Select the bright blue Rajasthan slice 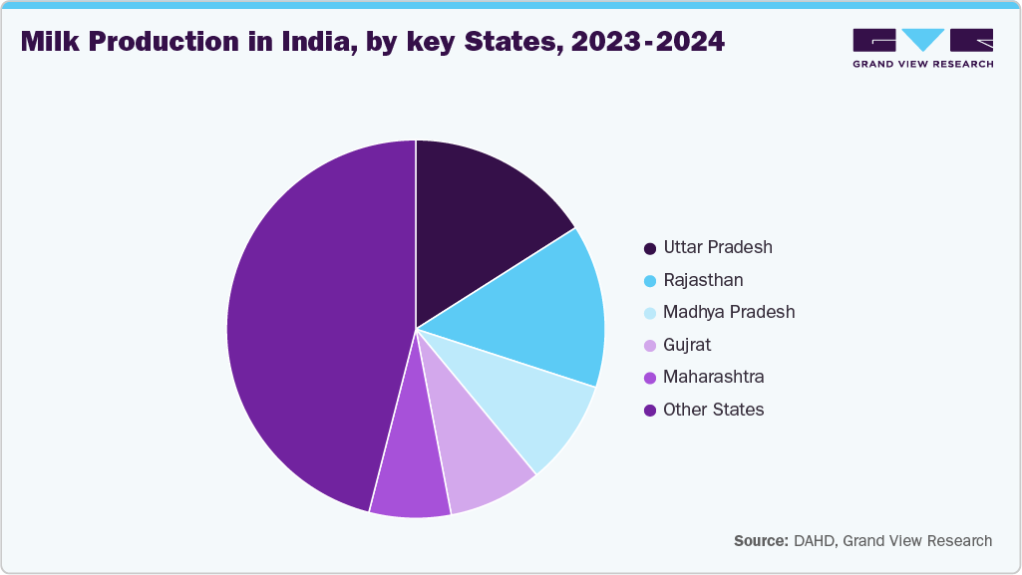tap(538, 309)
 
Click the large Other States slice tap(309, 329)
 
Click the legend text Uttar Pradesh tap(717, 247)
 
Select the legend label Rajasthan tap(702, 280)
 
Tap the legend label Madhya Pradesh tap(728, 312)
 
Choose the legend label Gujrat tap(686, 345)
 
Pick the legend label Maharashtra tap(713, 377)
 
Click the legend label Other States tap(713, 410)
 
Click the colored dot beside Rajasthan tap(650, 281)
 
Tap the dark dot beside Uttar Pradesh tap(650, 248)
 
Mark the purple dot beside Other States tap(650, 411)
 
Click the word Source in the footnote tap(761, 541)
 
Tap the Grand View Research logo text tap(922, 63)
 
